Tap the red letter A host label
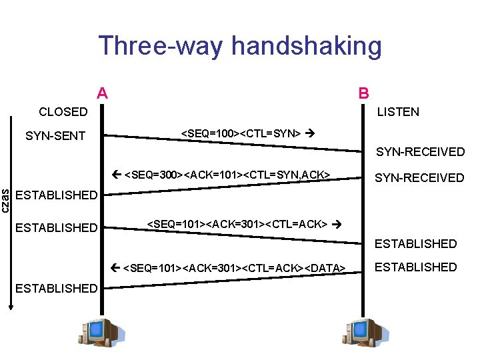tap(102, 93)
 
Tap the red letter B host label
tap(364, 93)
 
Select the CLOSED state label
tap(63, 112)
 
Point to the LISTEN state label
tap(399, 112)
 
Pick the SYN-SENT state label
tap(55, 136)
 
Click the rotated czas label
tap(6, 200)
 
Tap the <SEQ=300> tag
tap(154, 175)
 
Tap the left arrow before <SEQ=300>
tap(117, 175)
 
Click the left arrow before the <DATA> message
tap(117, 268)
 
